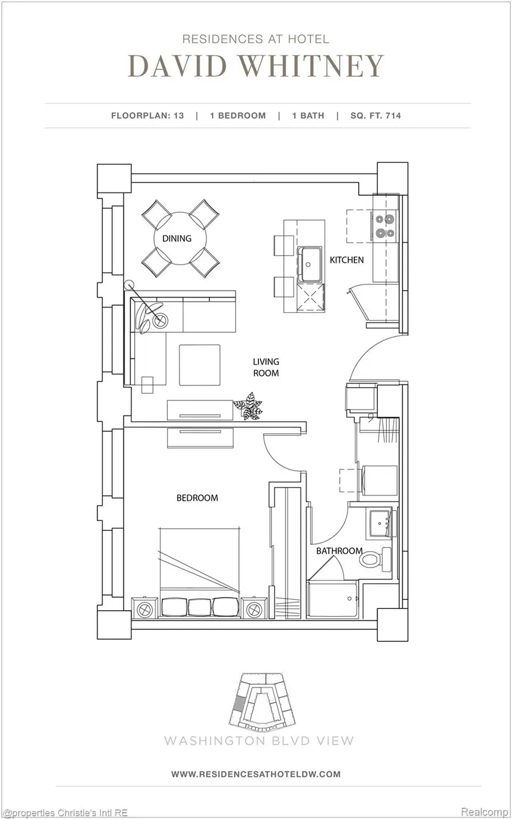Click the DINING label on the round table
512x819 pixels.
point(176,238)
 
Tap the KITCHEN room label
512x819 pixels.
point(346,260)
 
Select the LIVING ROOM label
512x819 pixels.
point(266,367)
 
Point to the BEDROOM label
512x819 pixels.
point(197,498)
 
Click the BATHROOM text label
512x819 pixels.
point(339,551)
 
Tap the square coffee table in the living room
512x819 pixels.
point(200,365)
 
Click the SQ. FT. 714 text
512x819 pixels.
point(375,116)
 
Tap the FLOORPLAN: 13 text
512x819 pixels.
point(147,116)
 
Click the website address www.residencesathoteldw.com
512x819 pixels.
point(255,774)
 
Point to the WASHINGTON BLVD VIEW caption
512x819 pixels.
point(259,740)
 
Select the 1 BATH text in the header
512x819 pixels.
point(308,116)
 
